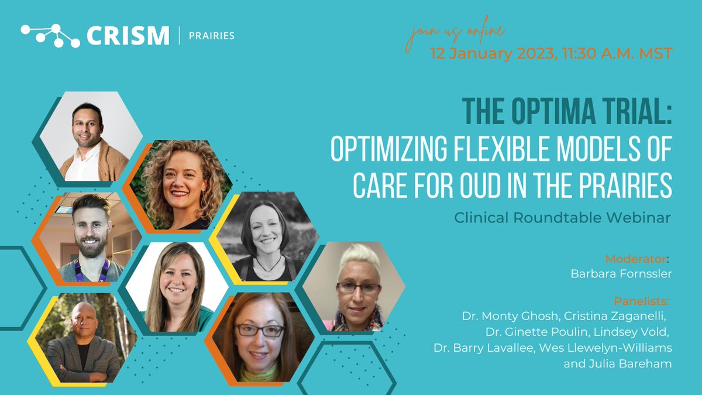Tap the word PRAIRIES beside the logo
[212, 36]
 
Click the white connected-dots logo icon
[50, 35]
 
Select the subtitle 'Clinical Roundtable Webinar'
[562, 217]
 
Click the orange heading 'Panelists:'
[641, 302]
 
